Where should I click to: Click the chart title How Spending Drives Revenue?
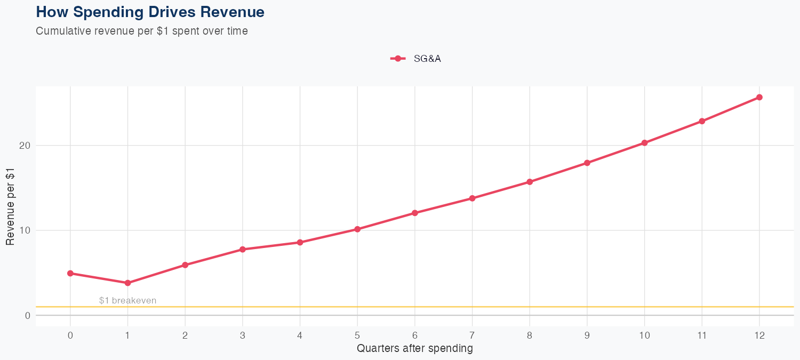tap(150, 12)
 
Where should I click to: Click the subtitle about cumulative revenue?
tap(142, 31)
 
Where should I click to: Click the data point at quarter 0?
tap(70, 273)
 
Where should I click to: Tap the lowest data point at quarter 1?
tap(127, 283)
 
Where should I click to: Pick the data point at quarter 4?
tap(300, 242)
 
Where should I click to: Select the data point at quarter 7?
tap(472, 198)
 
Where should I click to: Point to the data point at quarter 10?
tap(644, 143)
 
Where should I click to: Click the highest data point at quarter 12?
tap(759, 97)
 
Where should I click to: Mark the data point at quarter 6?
tap(414, 213)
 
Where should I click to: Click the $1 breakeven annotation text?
tap(127, 300)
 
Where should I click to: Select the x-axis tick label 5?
tap(357, 335)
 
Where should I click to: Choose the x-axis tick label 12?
tap(759, 335)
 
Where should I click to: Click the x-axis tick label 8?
tap(530, 335)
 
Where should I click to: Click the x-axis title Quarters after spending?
tap(414, 349)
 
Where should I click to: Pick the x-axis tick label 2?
tap(185, 335)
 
